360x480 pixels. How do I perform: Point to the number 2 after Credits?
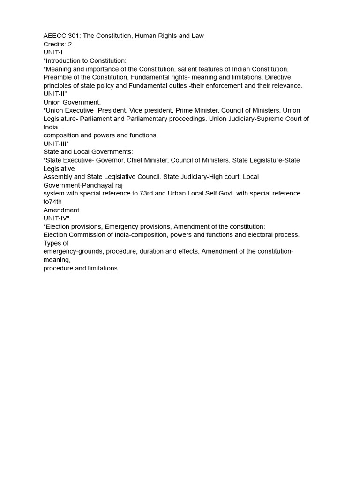[70, 45]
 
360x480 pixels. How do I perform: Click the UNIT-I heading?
[53, 52]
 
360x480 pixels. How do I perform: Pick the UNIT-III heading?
[56, 143]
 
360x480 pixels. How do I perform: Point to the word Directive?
[278, 77]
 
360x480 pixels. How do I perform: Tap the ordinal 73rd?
[148, 194]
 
